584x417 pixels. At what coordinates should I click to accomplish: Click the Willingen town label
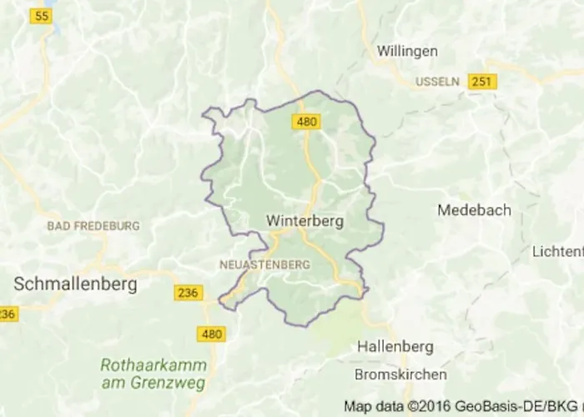pyautogui.click(x=407, y=51)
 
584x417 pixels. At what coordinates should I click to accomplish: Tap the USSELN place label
pyautogui.click(x=437, y=81)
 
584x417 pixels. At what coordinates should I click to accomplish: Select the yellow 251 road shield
pyautogui.click(x=481, y=81)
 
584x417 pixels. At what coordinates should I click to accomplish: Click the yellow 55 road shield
pyautogui.click(x=39, y=16)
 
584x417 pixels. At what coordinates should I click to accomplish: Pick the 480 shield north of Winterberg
pyautogui.click(x=306, y=123)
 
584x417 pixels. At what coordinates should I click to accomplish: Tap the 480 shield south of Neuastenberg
pyautogui.click(x=212, y=334)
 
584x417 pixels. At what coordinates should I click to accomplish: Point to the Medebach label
pyautogui.click(x=474, y=210)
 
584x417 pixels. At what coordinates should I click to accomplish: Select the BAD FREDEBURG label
pyautogui.click(x=93, y=226)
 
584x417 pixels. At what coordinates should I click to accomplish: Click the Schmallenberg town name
pyautogui.click(x=75, y=284)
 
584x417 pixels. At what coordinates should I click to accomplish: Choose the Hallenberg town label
pyautogui.click(x=396, y=344)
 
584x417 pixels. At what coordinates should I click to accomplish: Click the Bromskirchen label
pyautogui.click(x=400, y=374)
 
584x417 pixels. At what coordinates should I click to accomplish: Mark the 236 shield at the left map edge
pyautogui.click(x=7, y=314)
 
